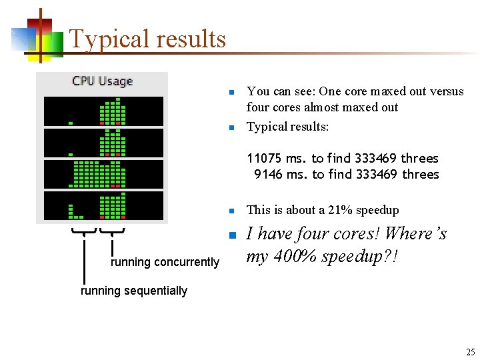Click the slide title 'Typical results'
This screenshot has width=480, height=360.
[x=147, y=39]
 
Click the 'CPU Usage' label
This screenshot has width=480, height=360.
[x=102, y=81]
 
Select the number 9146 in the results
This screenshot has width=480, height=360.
[x=268, y=175]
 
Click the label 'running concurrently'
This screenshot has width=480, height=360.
[x=165, y=262]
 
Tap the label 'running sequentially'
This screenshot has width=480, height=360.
[x=133, y=291]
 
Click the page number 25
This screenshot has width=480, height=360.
[x=470, y=351]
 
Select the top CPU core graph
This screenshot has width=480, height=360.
[x=103, y=111]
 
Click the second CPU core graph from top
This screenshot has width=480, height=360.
[x=103, y=143]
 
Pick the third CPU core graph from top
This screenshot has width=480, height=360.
[x=103, y=174]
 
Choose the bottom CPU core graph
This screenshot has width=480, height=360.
[x=103, y=205]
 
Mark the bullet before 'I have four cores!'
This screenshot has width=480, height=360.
[x=229, y=235]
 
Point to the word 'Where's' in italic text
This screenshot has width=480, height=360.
[x=416, y=234]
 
